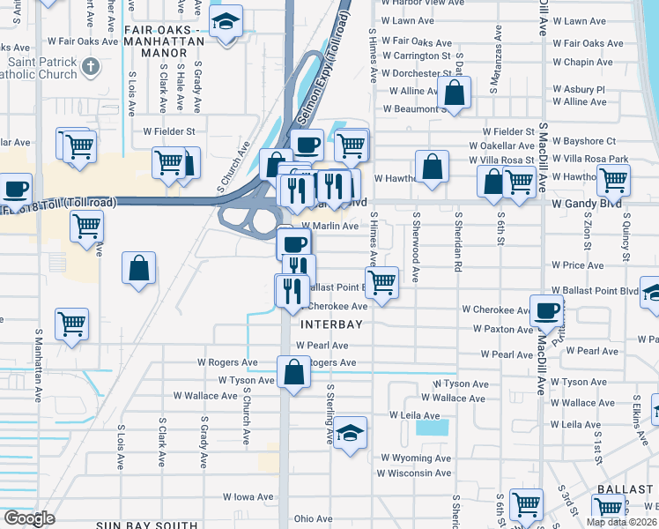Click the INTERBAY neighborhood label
pos(333,324)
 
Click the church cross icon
pos(90,66)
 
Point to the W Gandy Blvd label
pos(582,203)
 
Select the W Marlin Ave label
pos(329,226)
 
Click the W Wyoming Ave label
pos(416,458)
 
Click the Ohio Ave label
pos(313,518)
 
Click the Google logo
pos(30,518)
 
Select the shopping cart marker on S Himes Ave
pos(381,282)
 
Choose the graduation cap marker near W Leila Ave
pos(350,432)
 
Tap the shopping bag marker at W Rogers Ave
pos(293,371)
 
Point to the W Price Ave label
pos(577,264)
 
